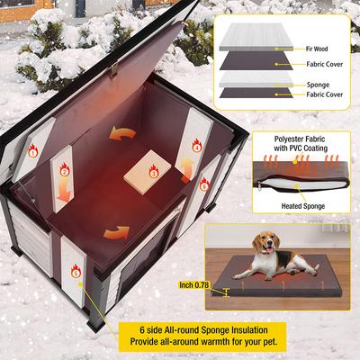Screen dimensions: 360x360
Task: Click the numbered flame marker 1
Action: [x=33, y=153]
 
